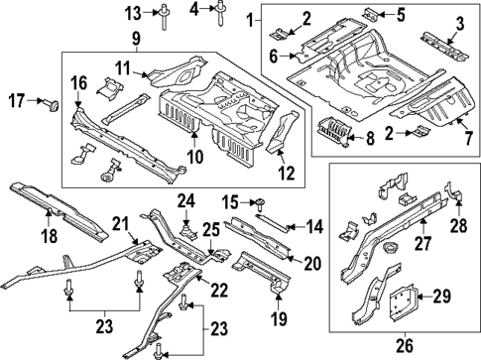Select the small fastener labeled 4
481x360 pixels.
219,12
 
